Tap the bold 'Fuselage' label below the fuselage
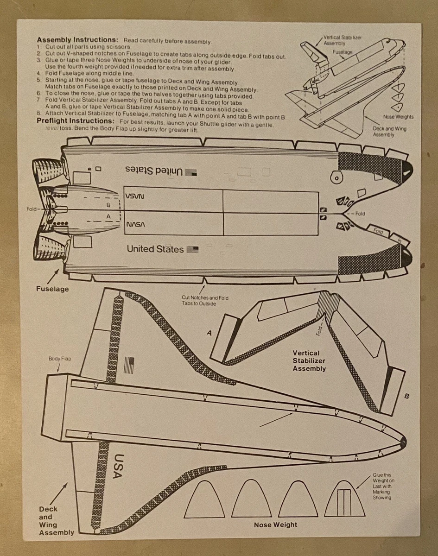[52, 289]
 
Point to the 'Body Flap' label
[60, 359]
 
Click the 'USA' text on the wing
[120, 466]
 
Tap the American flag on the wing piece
[129, 366]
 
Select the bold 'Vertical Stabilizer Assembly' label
[309, 361]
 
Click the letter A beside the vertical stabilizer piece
[209, 333]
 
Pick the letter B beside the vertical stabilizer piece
[406, 396]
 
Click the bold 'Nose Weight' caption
[275, 524]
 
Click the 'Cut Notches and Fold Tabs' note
[205, 300]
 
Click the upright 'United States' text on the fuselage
[155, 249]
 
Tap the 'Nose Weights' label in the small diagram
[398, 117]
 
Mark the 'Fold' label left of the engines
[32, 209]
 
